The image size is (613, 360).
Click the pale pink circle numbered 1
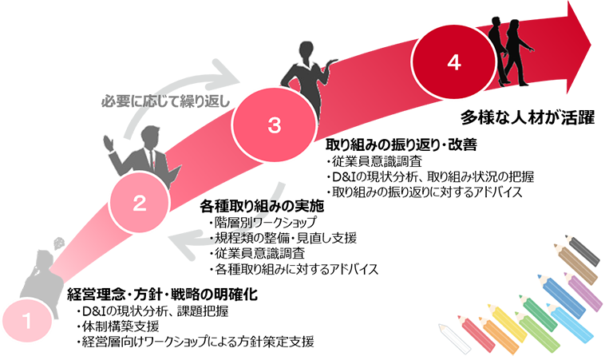(27, 322)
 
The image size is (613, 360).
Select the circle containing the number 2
(139, 203)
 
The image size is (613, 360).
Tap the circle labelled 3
(274, 125)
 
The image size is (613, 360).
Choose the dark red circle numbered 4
(453, 62)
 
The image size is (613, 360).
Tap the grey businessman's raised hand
(112, 144)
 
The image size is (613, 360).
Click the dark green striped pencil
(544, 315)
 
